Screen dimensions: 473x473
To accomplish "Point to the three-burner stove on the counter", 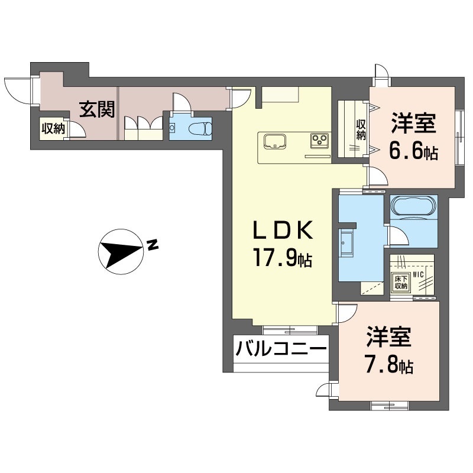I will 320,141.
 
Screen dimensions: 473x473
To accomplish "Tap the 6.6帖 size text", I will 413,153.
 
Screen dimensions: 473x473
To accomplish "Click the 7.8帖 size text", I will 388,366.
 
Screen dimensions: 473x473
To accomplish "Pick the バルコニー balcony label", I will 281,348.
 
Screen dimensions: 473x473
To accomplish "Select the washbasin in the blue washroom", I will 346,242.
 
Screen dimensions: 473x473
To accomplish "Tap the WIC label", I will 419,274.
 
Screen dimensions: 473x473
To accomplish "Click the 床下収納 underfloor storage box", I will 400,283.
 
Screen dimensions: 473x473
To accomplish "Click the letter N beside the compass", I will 152,244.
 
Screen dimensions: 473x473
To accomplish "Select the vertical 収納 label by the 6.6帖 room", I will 361,130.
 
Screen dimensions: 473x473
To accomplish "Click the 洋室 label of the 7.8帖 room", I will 388,337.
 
